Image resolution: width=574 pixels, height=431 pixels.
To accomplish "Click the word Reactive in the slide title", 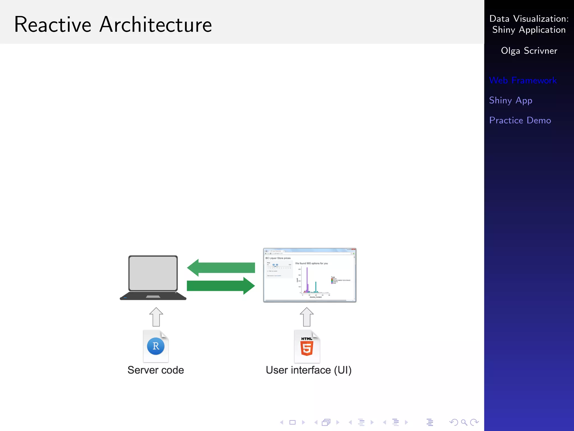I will click(x=53, y=25).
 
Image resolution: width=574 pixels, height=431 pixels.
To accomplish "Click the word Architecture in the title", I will click(x=156, y=25).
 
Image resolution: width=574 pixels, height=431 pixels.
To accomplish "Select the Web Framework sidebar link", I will click(x=523, y=80).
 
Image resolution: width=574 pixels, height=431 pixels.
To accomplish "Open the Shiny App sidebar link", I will click(x=510, y=100).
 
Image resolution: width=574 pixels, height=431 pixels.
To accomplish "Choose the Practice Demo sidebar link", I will click(x=520, y=120).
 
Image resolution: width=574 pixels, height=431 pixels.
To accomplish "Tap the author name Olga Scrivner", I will click(x=529, y=51).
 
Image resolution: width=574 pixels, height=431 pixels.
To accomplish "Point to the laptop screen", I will click(x=153, y=273).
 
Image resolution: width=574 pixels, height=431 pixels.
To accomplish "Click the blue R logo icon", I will click(x=156, y=346).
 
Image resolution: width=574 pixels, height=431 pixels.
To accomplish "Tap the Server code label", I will click(x=156, y=370).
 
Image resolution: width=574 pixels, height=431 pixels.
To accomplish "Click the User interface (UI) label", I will click(x=309, y=370).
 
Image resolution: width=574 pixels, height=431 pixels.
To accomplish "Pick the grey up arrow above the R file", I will click(x=156, y=317).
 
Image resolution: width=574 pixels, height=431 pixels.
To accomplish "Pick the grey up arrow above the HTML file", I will click(x=307, y=317).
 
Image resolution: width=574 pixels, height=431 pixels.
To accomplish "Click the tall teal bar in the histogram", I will click(x=316, y=287).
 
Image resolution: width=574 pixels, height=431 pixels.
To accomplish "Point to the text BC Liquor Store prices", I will click(x=278, y=258).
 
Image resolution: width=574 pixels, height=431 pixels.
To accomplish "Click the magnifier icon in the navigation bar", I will click(x=464, y=422).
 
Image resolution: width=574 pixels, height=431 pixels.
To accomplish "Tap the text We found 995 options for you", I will click(x=311, y=263).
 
